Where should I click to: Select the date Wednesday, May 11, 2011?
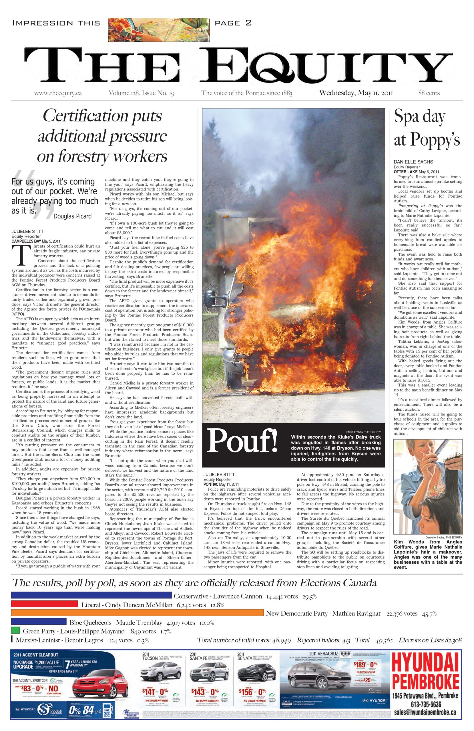point(356,93)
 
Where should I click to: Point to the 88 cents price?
point(429,93)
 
